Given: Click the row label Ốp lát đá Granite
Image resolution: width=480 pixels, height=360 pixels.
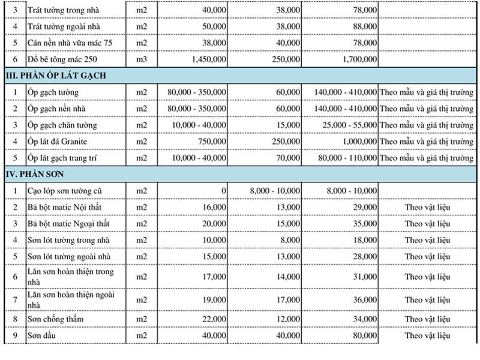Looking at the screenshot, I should [x=57, y=141].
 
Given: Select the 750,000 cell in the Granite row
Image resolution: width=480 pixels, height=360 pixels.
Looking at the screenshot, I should [x=213, y=141].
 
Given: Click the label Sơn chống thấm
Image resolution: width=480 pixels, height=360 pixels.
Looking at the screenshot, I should [x=55, y=319].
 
